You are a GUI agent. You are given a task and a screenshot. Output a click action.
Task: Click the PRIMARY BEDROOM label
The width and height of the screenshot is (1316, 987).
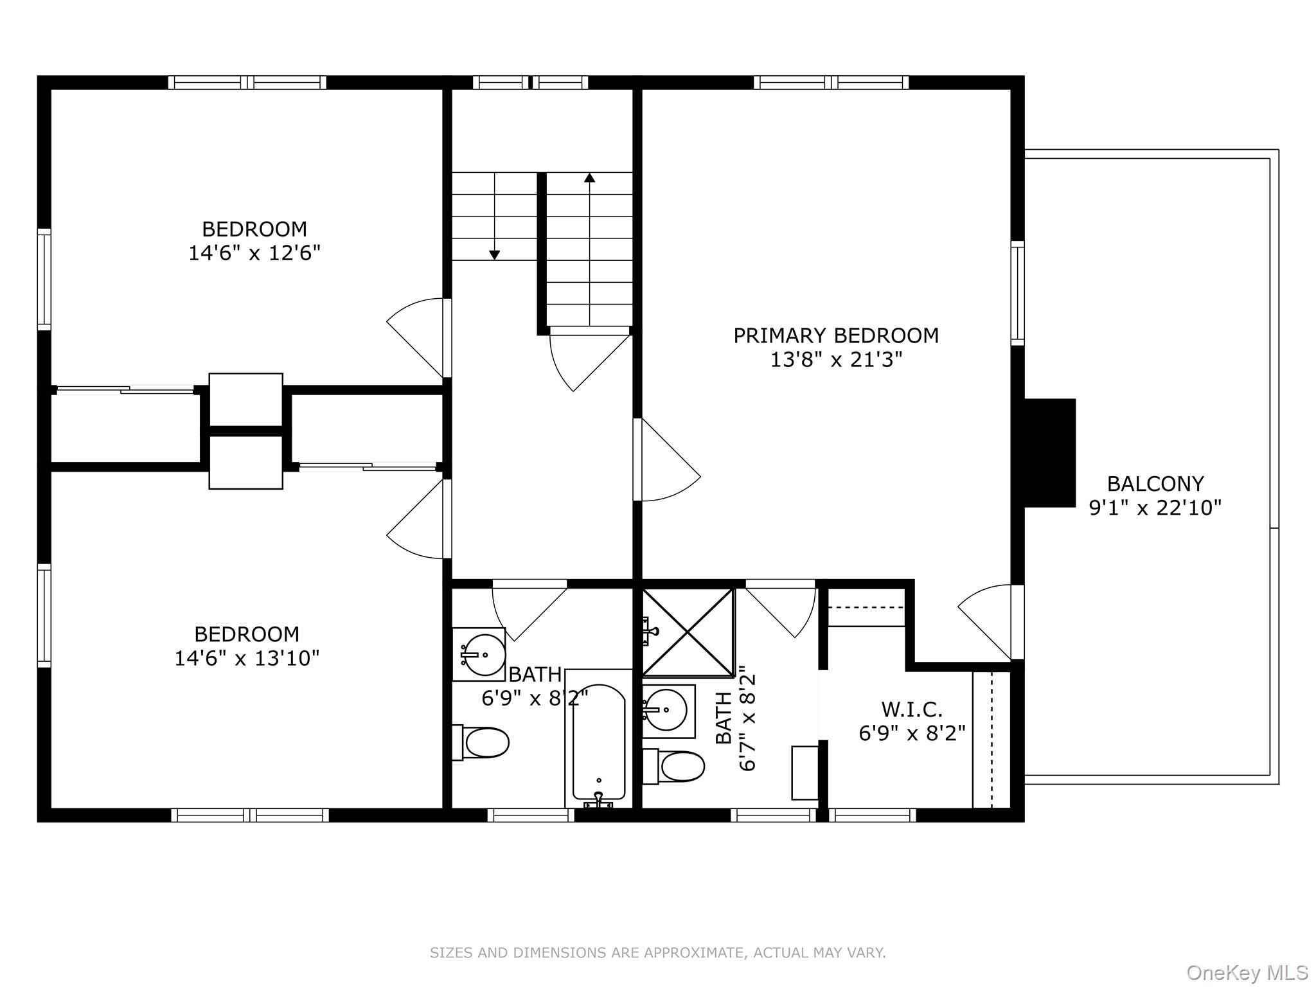(836, 335)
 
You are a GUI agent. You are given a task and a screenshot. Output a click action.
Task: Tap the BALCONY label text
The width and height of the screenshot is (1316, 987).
(1155, 483)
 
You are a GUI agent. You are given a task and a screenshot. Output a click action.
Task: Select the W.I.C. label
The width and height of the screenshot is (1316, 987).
(912, 709)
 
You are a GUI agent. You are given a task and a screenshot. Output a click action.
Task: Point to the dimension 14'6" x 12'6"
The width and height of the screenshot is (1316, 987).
(254, 253)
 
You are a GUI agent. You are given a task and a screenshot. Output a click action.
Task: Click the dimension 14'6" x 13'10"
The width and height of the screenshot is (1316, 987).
(247, 658)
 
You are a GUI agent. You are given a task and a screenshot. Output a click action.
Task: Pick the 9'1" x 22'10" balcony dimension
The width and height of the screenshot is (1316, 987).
(1155, 508)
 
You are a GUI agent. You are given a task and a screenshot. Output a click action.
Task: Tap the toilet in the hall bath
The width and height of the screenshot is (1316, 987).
(481, 743)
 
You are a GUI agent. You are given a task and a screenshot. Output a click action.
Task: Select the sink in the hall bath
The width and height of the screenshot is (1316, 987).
(479, 654)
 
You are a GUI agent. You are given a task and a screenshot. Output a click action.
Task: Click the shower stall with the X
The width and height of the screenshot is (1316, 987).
(688, 632)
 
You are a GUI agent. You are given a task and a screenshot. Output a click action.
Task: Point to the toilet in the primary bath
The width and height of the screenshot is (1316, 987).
(673, 766)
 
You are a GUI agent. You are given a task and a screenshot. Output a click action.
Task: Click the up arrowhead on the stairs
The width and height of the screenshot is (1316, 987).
(589, 177)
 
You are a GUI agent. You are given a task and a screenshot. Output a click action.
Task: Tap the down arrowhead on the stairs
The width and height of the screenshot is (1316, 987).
(494, 255)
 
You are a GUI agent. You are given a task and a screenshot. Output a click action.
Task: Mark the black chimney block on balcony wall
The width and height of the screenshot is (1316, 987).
(1049, 453)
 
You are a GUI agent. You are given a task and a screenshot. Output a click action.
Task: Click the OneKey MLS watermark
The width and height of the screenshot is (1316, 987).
(1247, 973)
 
